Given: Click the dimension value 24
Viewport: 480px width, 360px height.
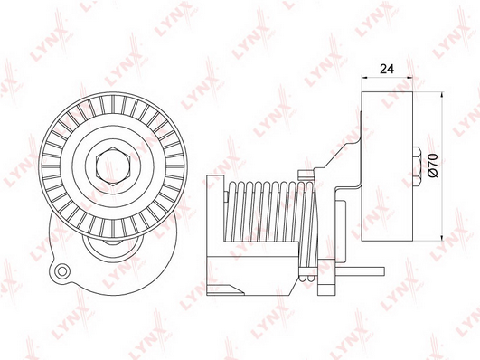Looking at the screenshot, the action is (x=387, y=70).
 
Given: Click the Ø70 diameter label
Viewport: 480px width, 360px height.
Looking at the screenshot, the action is (x=434, y=166).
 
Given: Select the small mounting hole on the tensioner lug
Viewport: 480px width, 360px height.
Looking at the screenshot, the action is (x=62, y=270).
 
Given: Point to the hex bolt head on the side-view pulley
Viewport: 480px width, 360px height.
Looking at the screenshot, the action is (x=417, y=166).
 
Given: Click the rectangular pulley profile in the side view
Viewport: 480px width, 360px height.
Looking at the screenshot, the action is (x=387, y=166).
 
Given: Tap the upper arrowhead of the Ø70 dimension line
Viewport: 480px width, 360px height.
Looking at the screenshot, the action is (x=441, y=95).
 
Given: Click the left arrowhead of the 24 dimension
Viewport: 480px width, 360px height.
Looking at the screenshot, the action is (x=365, y=78).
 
